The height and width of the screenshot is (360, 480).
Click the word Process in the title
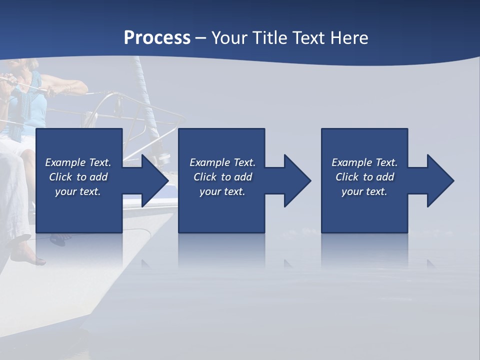[157, 38]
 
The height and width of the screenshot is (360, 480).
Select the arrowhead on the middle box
[296, 180]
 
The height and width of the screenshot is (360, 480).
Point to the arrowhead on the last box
[439, 180]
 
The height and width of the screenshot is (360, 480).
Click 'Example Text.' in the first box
[78, 162]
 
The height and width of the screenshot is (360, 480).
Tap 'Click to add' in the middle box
[222, 177]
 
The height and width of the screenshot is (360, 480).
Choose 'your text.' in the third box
[364, 191]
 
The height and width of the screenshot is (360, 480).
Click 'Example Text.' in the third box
[364, 162]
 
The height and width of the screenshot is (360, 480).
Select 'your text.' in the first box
[78, 191]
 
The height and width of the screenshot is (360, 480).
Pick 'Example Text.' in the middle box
[222, 162]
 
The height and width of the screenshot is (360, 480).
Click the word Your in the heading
[230, 38]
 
